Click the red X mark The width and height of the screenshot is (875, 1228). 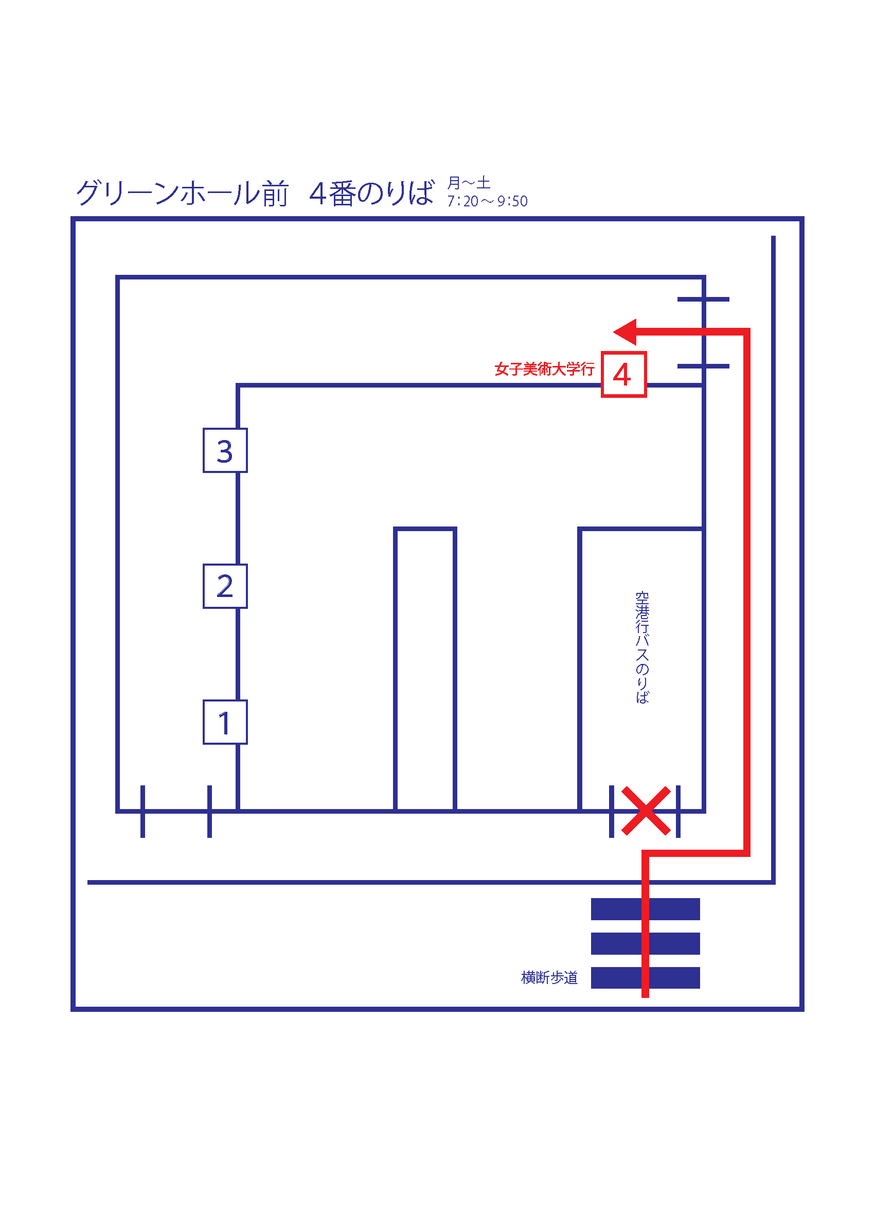pos(646,811)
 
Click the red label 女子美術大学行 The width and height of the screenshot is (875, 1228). pos(544,369)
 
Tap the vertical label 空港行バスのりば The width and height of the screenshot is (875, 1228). pos(642,647)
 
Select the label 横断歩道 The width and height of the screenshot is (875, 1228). pos(549,977)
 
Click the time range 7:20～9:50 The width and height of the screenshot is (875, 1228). pos(487,201)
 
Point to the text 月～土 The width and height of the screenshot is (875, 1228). pos(469,183)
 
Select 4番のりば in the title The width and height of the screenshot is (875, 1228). pos(372,193)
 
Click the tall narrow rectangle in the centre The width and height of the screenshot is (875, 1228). pos(395,669)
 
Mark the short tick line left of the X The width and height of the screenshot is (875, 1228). pos(612,811)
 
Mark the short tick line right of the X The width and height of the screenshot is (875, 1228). pos(678,811)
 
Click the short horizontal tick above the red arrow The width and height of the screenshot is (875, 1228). pos(703,299)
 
